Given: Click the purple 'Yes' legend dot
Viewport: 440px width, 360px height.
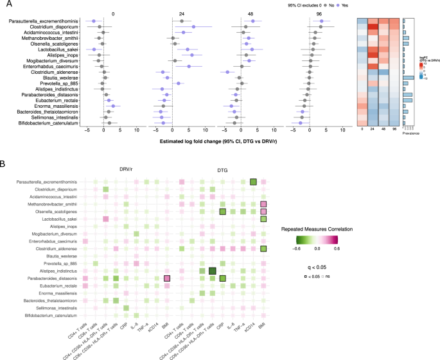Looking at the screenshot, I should pyautogui.click(x=339, y=5).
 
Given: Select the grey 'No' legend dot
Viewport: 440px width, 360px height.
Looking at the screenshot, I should pyautogui.click(x=319, y=5).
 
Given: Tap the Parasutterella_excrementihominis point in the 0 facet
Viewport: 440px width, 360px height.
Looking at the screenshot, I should pyautogui.click(x=94, y=21).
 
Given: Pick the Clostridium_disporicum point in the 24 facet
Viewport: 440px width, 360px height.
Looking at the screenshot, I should pyautogui.click(x=193, y=27).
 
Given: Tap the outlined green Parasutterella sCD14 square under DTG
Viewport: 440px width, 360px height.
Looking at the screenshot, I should pyautogui.click(x=253, y=182).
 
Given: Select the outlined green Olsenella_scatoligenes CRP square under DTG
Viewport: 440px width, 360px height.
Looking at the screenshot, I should pyautogui.click(x=222, y=212).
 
